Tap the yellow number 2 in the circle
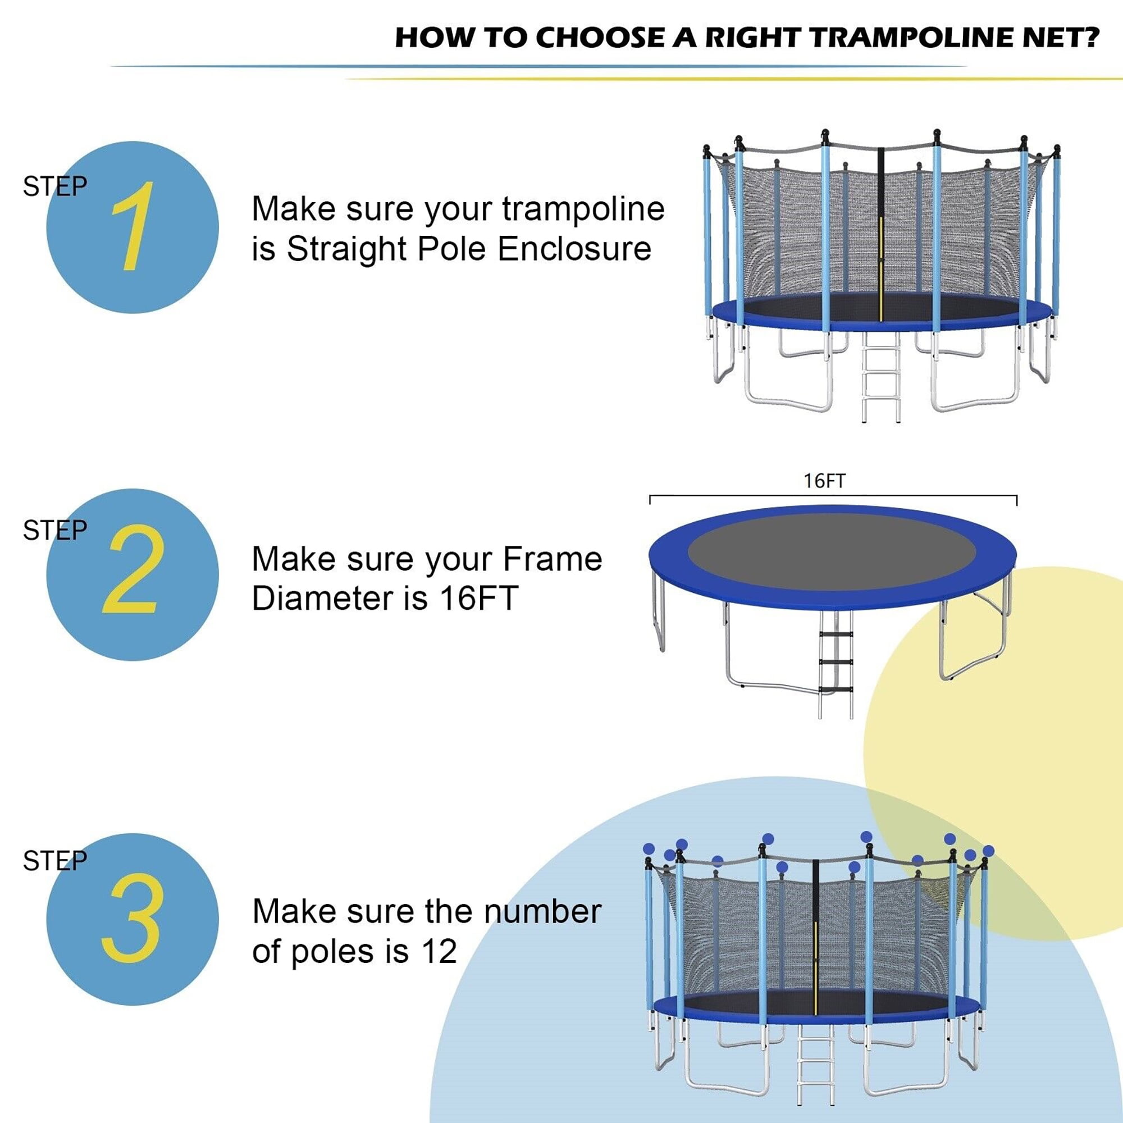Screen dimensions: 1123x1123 [x=131, y=569]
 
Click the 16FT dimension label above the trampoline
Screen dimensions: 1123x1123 [x=824, y=481]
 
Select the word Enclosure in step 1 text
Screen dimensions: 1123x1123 [x=574, y=249]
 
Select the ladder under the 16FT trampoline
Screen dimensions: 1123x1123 [x=836, y=663]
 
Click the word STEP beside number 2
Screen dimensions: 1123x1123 [x=54, y=530]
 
